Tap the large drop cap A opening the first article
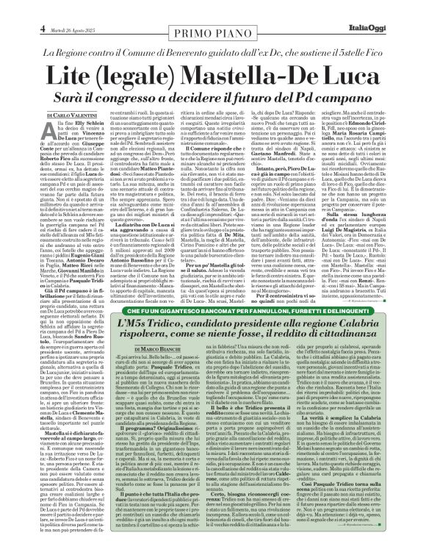[x=51, y=132]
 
